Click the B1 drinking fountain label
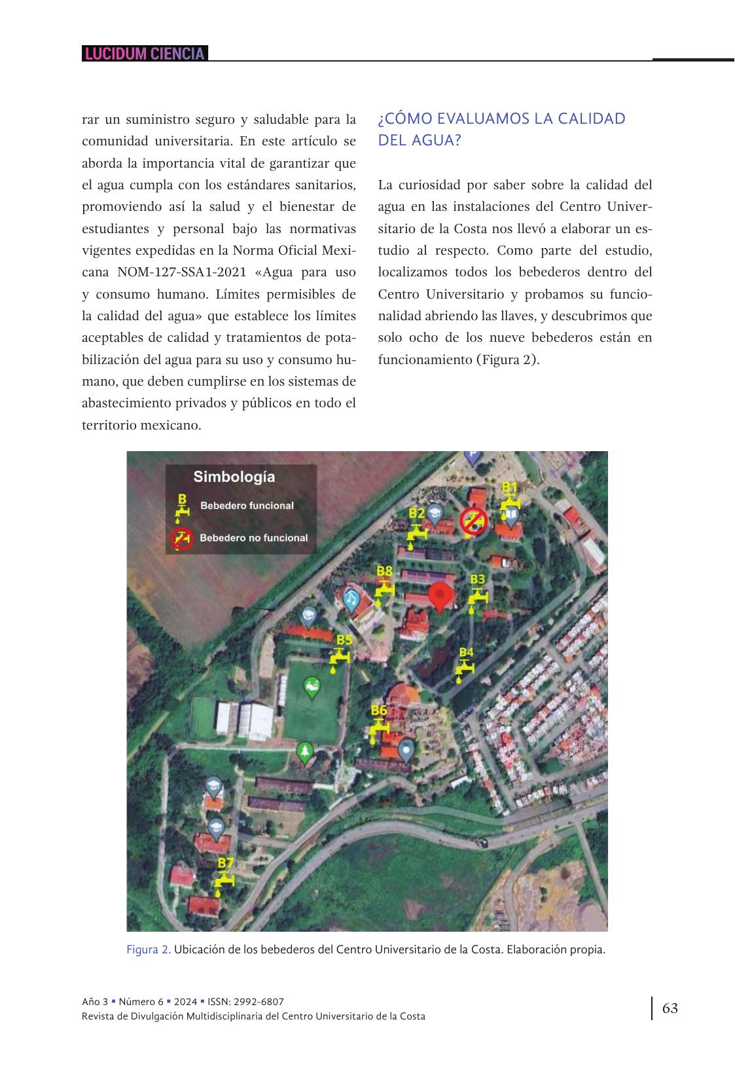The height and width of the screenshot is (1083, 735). (x=510, y=486)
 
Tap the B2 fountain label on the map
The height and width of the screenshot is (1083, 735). (x=417, y=513)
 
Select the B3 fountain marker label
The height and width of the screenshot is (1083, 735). (x=478, y=579)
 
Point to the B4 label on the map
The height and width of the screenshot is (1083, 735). (x=466, y=652)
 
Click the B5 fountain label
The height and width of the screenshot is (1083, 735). (x=344, y=640)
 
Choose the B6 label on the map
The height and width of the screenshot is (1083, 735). (x=379, y=710)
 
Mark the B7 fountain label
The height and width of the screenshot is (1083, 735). (x=226, y=863)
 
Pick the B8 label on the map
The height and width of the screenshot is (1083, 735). (x=385, y=572)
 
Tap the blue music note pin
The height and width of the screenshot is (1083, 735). (x=351, y=598)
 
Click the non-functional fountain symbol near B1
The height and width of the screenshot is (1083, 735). (x=473, y=521)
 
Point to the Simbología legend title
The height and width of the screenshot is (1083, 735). (x=234, y=477)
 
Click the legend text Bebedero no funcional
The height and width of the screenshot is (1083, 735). (x=253, y=538)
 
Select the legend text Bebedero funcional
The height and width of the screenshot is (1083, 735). (x=247, y=505)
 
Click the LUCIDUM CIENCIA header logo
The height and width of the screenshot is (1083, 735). (x=145, y=54)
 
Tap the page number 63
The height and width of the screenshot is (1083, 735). (x=670, y=1008)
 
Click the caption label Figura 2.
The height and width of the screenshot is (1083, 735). (x=149, y=949)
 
